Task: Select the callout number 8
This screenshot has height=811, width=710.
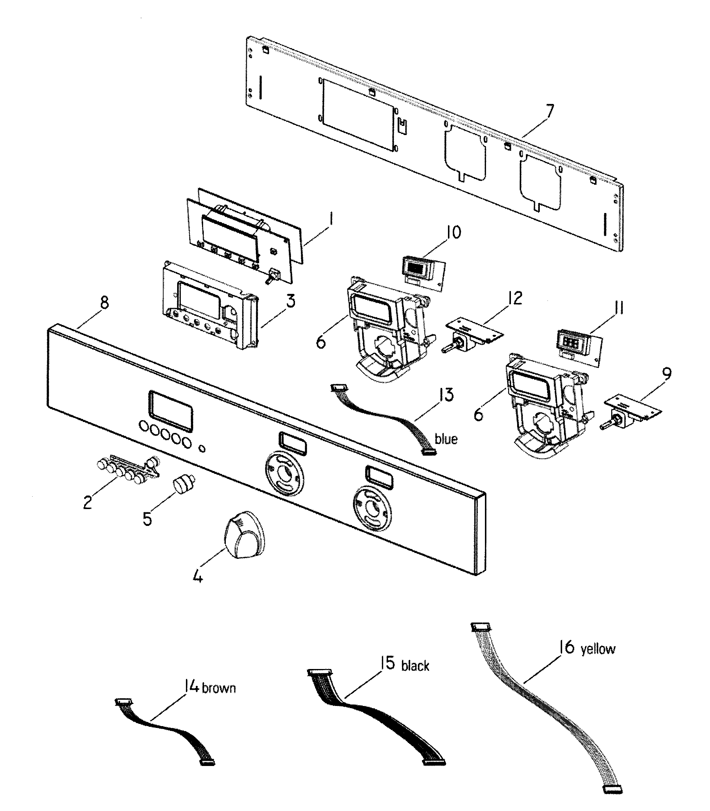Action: click(x=104, y=303)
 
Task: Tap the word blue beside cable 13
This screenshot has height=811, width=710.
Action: click(x=446, y=439)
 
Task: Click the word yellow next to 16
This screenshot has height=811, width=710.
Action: click(x=598, y=649)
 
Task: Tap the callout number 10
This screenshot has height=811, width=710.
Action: click(x=453, y=232)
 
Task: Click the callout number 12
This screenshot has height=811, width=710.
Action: click(x=515, y=299)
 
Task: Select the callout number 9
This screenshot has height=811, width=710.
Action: click(x=666, y=374)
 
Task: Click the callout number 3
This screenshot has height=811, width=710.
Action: click(x=291, y=302)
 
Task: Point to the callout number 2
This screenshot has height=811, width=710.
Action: click(x=87, y=502)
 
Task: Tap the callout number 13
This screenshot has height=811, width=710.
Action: click(x=446, y=395)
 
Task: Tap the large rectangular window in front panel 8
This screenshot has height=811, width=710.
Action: click(x=171, y=411)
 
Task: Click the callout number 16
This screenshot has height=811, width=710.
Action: click(x=567, y=647)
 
